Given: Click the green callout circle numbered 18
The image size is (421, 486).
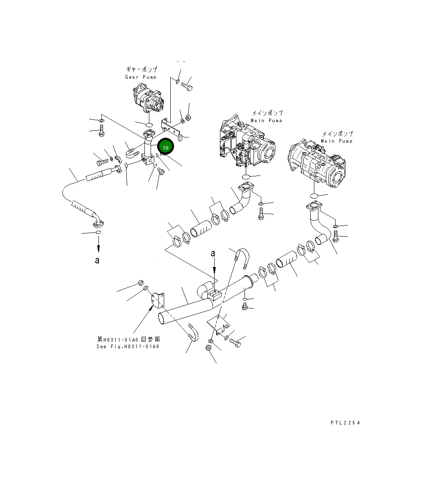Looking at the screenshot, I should pos(165,147).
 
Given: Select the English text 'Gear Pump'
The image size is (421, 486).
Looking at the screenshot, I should pos(141,77).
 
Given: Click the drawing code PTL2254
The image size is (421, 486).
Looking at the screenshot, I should pos(345,423).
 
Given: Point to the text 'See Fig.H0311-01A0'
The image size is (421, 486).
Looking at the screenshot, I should pos(127,347).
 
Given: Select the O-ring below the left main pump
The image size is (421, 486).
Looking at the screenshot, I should pos(246,177).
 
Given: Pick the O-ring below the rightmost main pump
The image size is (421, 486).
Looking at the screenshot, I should pos(314,195).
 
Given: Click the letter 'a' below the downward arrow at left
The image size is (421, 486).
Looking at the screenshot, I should pos(97,260).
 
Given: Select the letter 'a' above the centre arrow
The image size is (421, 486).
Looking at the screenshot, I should pos(213,254).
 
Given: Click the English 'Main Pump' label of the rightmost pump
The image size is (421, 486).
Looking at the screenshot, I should pos(336,141).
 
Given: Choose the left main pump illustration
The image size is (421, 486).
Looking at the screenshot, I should pos(247,144).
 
